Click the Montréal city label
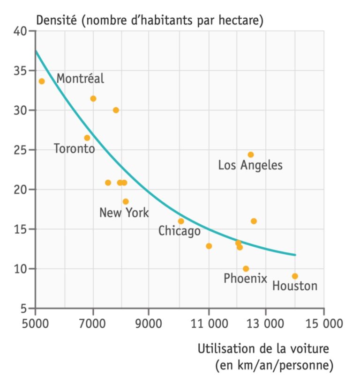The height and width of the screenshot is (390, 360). point(80,79)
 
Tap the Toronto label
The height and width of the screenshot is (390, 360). point(74,149)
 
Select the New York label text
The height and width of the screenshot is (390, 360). point(124,213)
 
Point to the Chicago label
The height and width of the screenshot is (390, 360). point(179,231)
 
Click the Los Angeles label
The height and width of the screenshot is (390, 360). point(250,165)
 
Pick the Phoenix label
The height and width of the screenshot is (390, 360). point(245,279)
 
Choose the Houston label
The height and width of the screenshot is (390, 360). point(294,286)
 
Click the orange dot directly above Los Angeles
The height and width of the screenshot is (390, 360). point(251,155)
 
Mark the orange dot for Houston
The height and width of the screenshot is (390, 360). point(294,276)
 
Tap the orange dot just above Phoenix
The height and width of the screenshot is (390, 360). point(246,269)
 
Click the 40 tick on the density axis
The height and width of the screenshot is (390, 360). point(20,32)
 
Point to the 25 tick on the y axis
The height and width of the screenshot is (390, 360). point(20,150)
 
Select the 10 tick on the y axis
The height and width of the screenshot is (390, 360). point(20,269)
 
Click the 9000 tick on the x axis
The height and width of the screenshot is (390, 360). point(149,324)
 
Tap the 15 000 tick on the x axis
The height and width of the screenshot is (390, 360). point(323,324)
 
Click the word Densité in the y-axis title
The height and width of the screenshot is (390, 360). point(56,21)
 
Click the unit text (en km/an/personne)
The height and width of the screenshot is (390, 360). point(274,365)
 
